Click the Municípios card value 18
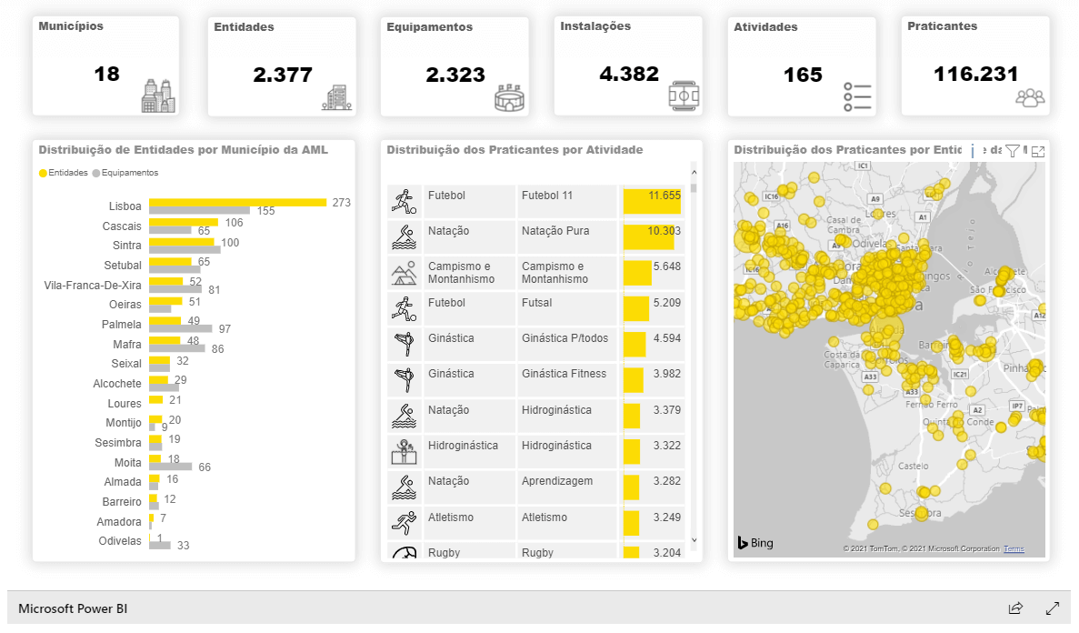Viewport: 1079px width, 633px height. point(106,74)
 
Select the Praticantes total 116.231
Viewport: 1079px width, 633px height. point(975,74)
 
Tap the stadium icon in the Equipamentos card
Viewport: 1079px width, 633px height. point(511,98)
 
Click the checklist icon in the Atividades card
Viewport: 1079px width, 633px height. point(857,96)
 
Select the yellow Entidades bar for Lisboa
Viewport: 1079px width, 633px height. point(237,202)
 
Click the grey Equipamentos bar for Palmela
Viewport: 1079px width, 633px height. point(180,328)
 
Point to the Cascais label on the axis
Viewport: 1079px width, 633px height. point(122,226)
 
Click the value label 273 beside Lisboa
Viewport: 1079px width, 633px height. point(341,202)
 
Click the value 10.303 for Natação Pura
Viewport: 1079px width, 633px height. point(664,231)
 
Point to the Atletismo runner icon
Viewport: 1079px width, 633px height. point(403,523)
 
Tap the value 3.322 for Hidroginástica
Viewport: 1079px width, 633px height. point(666,446)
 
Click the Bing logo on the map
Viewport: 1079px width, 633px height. point(755,543)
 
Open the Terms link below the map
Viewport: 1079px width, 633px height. point(1014,548)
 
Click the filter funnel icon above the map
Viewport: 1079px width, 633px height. point(1013,151)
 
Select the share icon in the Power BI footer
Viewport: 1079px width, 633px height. point(1016,608)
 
